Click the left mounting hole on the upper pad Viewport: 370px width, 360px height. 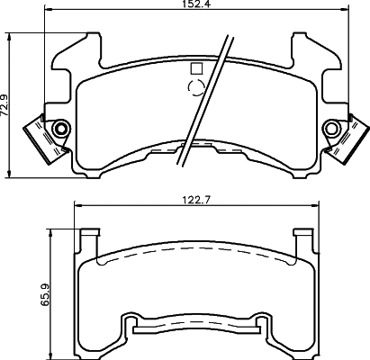click(60, 129)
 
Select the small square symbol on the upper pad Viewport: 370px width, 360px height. click(196, 67)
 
